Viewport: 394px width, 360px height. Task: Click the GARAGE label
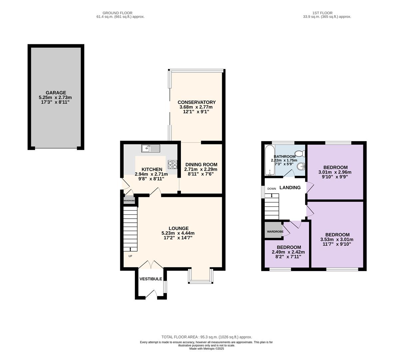point(56,93)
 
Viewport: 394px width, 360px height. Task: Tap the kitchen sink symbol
point(151,148)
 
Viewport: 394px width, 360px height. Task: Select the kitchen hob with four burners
point(173,165)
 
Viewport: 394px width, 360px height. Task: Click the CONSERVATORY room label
point(197,102)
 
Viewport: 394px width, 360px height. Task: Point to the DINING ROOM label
point(201,165)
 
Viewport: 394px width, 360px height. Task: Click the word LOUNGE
point(179,228)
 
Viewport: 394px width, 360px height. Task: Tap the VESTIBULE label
point(151,279)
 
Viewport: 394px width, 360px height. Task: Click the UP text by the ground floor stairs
point(130,256)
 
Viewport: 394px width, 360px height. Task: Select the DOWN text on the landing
point(272,189)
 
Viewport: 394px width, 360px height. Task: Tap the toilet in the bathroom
point(300,153)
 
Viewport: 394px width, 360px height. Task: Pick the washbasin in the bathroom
point(301,166)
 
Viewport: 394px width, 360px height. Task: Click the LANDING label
point(290,187)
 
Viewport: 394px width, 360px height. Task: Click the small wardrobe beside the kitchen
point(130,201)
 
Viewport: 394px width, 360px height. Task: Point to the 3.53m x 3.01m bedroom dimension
point(337,239)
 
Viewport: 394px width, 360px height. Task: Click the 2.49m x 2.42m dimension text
point(288,252)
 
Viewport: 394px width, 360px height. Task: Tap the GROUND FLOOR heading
point(117,13)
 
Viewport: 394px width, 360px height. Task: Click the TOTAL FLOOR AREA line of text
point(206,337)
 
